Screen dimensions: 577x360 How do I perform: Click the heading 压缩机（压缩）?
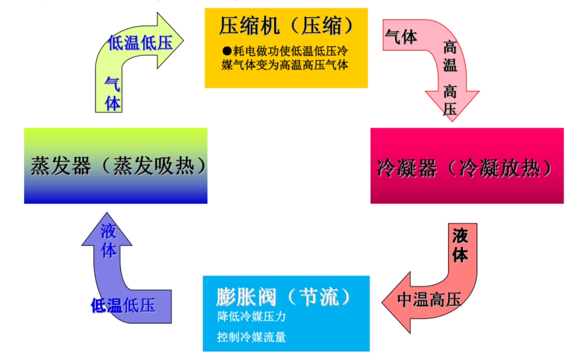point(286,26)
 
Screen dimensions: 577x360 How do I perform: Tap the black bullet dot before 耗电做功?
point(226,51)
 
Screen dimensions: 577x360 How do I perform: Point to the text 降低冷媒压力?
point(251,317)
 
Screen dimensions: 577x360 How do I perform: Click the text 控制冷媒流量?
point(251,337)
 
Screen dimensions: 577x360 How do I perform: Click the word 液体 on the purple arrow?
point(108,241)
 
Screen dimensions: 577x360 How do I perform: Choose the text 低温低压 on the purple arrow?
point(123,306)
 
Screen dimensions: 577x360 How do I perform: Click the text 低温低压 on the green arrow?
point(140,43)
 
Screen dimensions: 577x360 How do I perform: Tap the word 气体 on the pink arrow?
point(401,36)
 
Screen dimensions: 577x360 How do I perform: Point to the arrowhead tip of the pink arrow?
point(451,120)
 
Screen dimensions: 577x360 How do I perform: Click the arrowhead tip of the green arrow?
point(184,39)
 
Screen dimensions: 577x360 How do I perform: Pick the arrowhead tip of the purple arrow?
point(107,213)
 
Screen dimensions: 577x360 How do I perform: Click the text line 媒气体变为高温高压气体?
point(285,65)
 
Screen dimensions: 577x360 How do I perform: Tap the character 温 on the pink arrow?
point(450,65)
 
